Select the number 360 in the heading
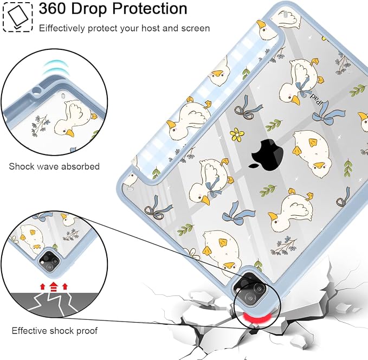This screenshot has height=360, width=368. coord(51,9)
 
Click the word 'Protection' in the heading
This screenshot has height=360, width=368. coord(150,9)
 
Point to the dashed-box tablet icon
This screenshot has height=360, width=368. coord(17,17)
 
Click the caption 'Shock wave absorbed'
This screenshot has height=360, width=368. coord(54,166)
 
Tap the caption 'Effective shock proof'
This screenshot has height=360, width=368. coord(54,331)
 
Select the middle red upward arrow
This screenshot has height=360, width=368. coord(54,286)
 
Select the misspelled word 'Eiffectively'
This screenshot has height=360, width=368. coord(62,28)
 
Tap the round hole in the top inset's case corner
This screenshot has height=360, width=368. coord(37,91)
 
